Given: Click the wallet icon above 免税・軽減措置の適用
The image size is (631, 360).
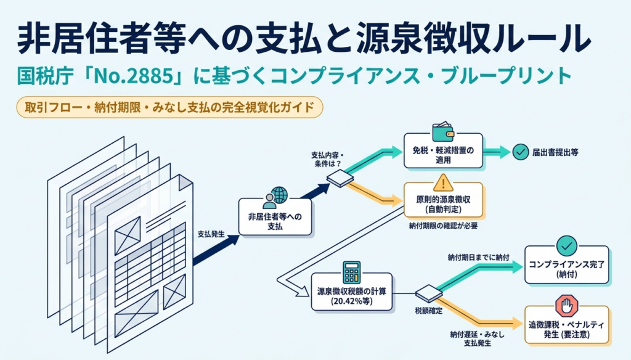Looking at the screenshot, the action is click(x=442, y=132).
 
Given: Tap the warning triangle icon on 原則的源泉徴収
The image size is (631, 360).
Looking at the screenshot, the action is click(x=443, y=183).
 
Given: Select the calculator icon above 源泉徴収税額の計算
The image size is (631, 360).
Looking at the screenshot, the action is click(x=352, y=272).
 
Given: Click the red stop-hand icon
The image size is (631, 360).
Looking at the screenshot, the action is click(x=567, y=306).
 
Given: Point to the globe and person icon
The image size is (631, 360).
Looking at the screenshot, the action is click(x=275, y=198).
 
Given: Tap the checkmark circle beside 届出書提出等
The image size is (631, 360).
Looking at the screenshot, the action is click(x=520, y=152).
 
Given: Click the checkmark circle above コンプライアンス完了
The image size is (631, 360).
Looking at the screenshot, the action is click(x=567, y=245).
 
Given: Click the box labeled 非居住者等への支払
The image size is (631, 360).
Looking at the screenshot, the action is click(x=275, y=216).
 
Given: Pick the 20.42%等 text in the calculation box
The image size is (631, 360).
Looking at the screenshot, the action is click(x=352, y=301).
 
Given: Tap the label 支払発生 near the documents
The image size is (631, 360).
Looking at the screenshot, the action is click(x=211, y=234).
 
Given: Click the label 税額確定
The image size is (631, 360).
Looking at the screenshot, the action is click(x=429, y=311).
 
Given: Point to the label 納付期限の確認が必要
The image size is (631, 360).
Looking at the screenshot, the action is click(x=443, y=226).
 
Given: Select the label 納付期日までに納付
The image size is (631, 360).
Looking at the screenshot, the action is click(x=478, y=257).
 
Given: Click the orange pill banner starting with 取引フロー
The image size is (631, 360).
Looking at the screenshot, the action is click(x=169, y=107).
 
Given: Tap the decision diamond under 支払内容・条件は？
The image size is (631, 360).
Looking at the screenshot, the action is click(x=340, y=178).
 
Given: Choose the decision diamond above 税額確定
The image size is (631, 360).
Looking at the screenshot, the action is click(x=429, y=293).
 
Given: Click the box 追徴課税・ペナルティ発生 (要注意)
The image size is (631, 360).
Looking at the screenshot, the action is click(x=567, y=325).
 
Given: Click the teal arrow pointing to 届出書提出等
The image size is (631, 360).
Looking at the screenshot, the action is click(x=496, y=152).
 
